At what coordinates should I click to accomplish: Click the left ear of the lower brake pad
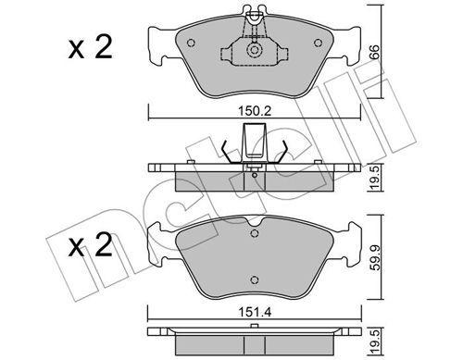(157, 242)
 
